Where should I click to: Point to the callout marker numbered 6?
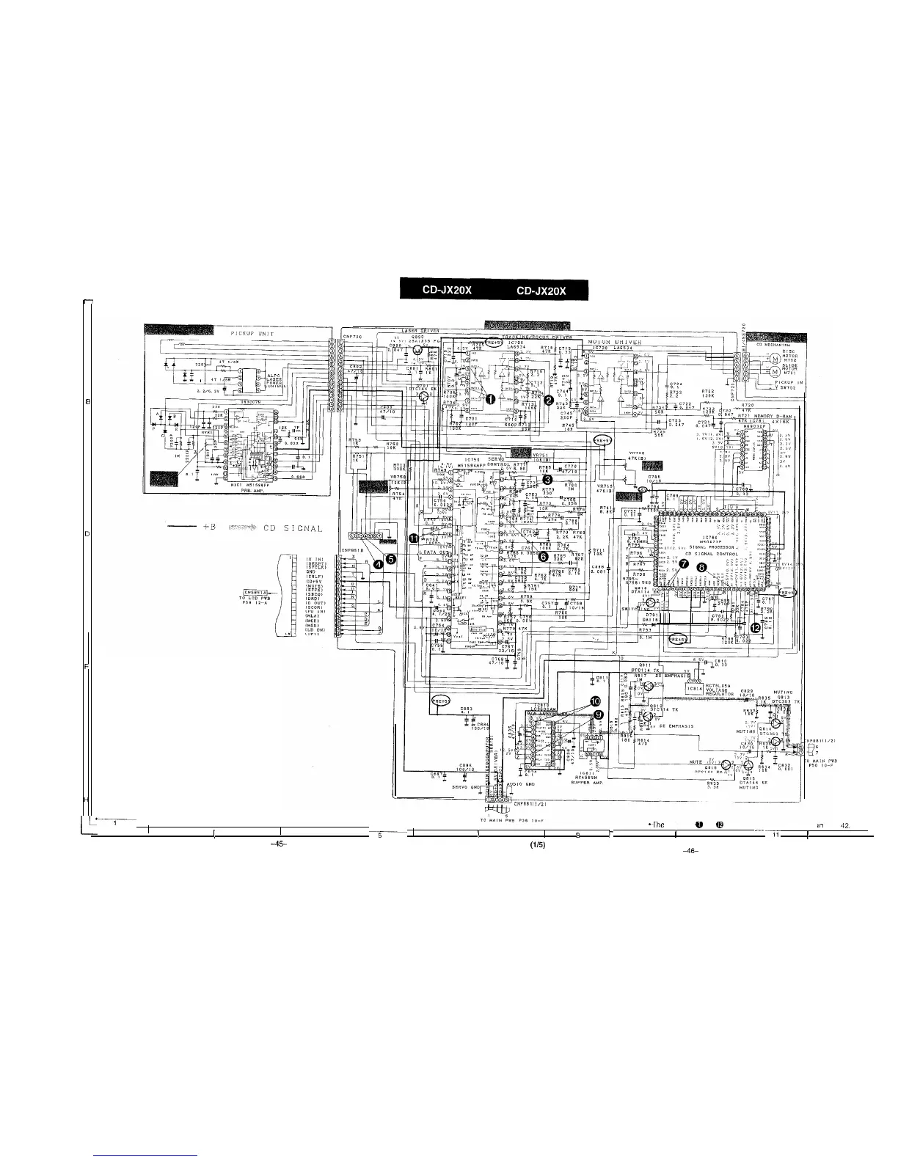(544, 557)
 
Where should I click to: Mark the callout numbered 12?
(756, 626)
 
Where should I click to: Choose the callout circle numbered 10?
(595, 701)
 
